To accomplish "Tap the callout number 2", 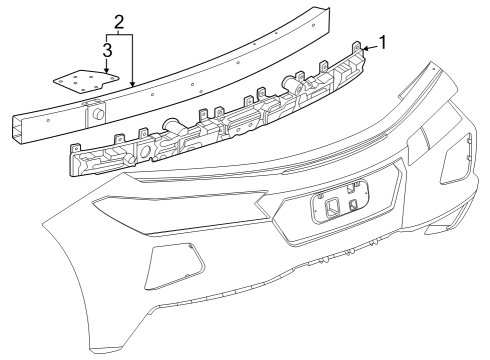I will [x=118, y=21].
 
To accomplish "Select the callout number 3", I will [x=106, y=48].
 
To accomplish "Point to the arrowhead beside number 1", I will [x=365, y=46].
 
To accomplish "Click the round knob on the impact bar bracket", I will [x=100, y=114].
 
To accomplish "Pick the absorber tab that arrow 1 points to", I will [x=357, y=47].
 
